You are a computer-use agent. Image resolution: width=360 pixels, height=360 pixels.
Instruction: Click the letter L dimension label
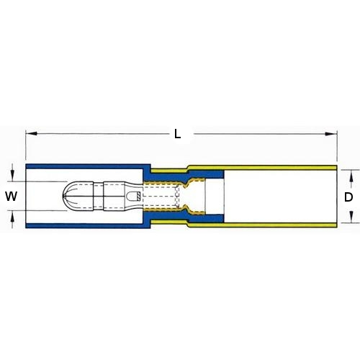click(x=177, y=134)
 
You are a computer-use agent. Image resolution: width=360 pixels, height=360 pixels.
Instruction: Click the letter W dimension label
click(x=12, y=197)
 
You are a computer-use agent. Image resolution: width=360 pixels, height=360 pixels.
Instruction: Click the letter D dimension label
click(x=348, y=197)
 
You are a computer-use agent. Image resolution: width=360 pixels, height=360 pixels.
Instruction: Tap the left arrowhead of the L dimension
click(x=31, y=133)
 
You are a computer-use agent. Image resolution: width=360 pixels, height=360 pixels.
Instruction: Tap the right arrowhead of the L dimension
click(x=331, y=134)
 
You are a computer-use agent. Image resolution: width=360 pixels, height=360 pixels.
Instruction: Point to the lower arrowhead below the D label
click(x=351, y=217)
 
